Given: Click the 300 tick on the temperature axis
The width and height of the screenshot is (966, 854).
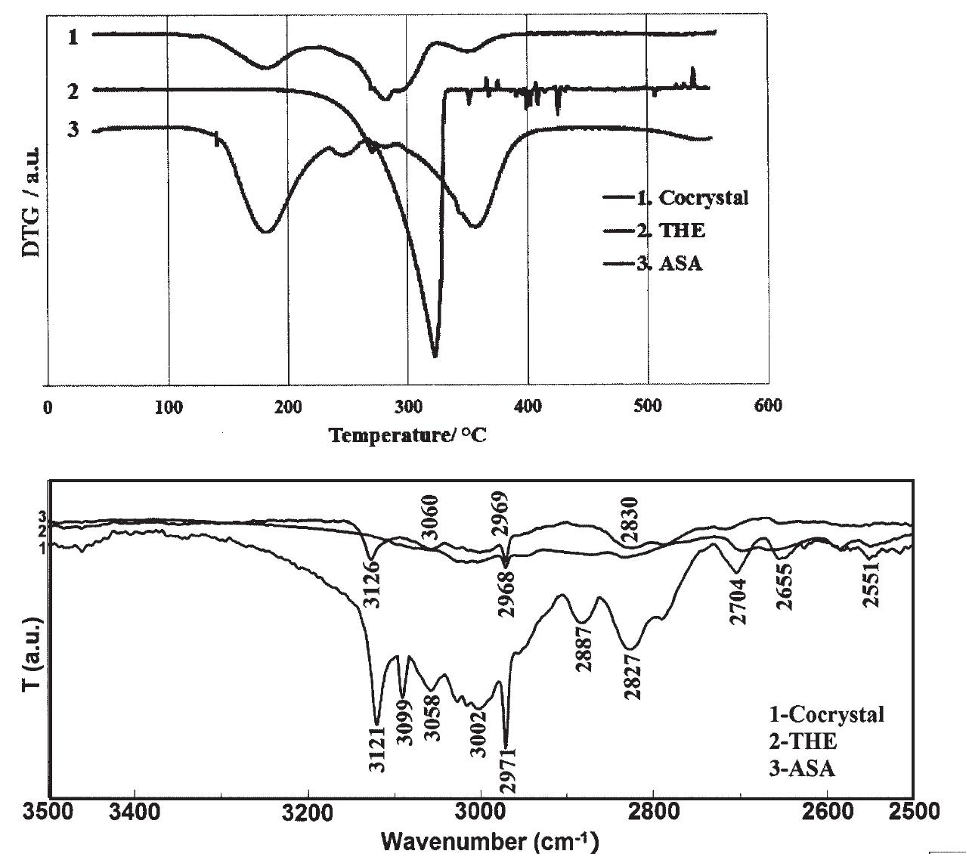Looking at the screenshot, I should [x=407, y=407].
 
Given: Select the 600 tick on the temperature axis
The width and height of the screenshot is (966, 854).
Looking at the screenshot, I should [x=768, y=407].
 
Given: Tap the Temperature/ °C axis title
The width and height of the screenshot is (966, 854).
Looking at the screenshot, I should [x=408, y=436].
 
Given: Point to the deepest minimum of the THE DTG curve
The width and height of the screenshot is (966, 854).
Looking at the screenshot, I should [x=435, y=355].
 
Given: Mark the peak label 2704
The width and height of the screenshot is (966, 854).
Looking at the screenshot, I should [x=738, y=602].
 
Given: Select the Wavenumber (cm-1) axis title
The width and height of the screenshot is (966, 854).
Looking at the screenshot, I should [x=490, y=840].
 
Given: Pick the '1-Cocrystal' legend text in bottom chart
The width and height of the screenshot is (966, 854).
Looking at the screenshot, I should [x=826, y=714].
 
